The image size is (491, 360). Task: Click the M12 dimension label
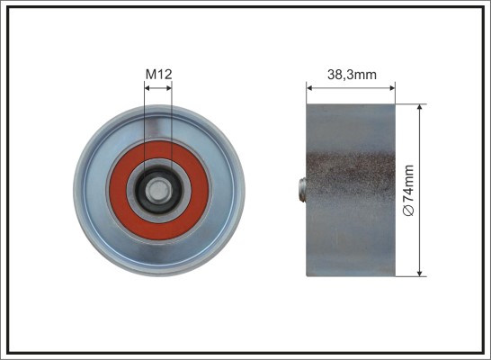click(159, 75)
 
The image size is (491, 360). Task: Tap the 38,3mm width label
click(352, 75)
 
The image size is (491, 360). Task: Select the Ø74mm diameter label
click(408, 191)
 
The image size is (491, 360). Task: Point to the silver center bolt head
click(159, 191)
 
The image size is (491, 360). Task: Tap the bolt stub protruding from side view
click(302, 190)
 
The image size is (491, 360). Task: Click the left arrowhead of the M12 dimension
click(147, 88)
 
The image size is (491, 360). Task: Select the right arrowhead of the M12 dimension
click(168, 88)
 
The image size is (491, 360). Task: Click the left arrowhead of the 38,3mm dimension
click(310, 88)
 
